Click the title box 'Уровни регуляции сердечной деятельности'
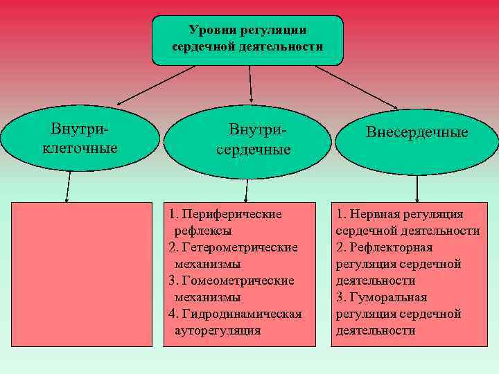tap(247, 39)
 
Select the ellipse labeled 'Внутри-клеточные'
tap(80, 139)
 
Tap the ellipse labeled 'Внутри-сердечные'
tap(247, 140)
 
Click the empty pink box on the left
tap(81, 274)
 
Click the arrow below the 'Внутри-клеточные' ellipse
tap(68, 186)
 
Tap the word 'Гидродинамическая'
tap(240, 314)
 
